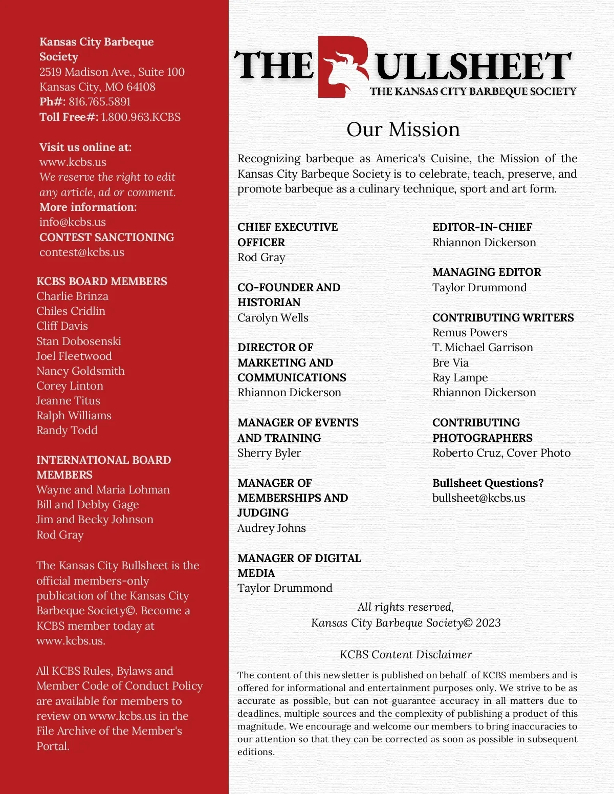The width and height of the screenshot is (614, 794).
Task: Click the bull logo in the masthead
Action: (343, 67)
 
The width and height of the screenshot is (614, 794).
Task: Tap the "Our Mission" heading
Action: (403, 130)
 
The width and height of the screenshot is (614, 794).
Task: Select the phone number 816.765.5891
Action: (100, 102)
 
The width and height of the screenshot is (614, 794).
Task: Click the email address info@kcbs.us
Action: (73, 222)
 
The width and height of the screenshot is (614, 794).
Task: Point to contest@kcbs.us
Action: (82, 252)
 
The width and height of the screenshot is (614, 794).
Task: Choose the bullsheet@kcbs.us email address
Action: (478, 498)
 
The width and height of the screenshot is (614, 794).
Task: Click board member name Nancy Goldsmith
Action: (80, 371)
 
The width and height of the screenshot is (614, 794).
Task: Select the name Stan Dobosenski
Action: (79, 341)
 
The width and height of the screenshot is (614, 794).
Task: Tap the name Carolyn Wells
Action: (273, 318)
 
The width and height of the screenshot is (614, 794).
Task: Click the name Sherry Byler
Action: (269, 453)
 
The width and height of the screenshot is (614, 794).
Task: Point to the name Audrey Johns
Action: (272, 528)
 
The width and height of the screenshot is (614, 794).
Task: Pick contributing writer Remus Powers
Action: (470, 333)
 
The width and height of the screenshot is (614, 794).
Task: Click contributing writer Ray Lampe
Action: (460, 378)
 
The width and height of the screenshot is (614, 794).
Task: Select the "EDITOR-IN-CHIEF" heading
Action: (482, 227)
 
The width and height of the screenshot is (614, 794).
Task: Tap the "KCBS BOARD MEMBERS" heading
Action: (102, 282)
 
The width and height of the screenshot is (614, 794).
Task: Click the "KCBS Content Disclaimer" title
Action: (406, 655)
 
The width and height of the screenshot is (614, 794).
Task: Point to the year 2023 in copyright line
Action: (488, 623)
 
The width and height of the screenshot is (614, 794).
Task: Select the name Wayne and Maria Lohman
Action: (103, 490)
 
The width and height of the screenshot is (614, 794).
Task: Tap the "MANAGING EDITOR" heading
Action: (487, 272)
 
